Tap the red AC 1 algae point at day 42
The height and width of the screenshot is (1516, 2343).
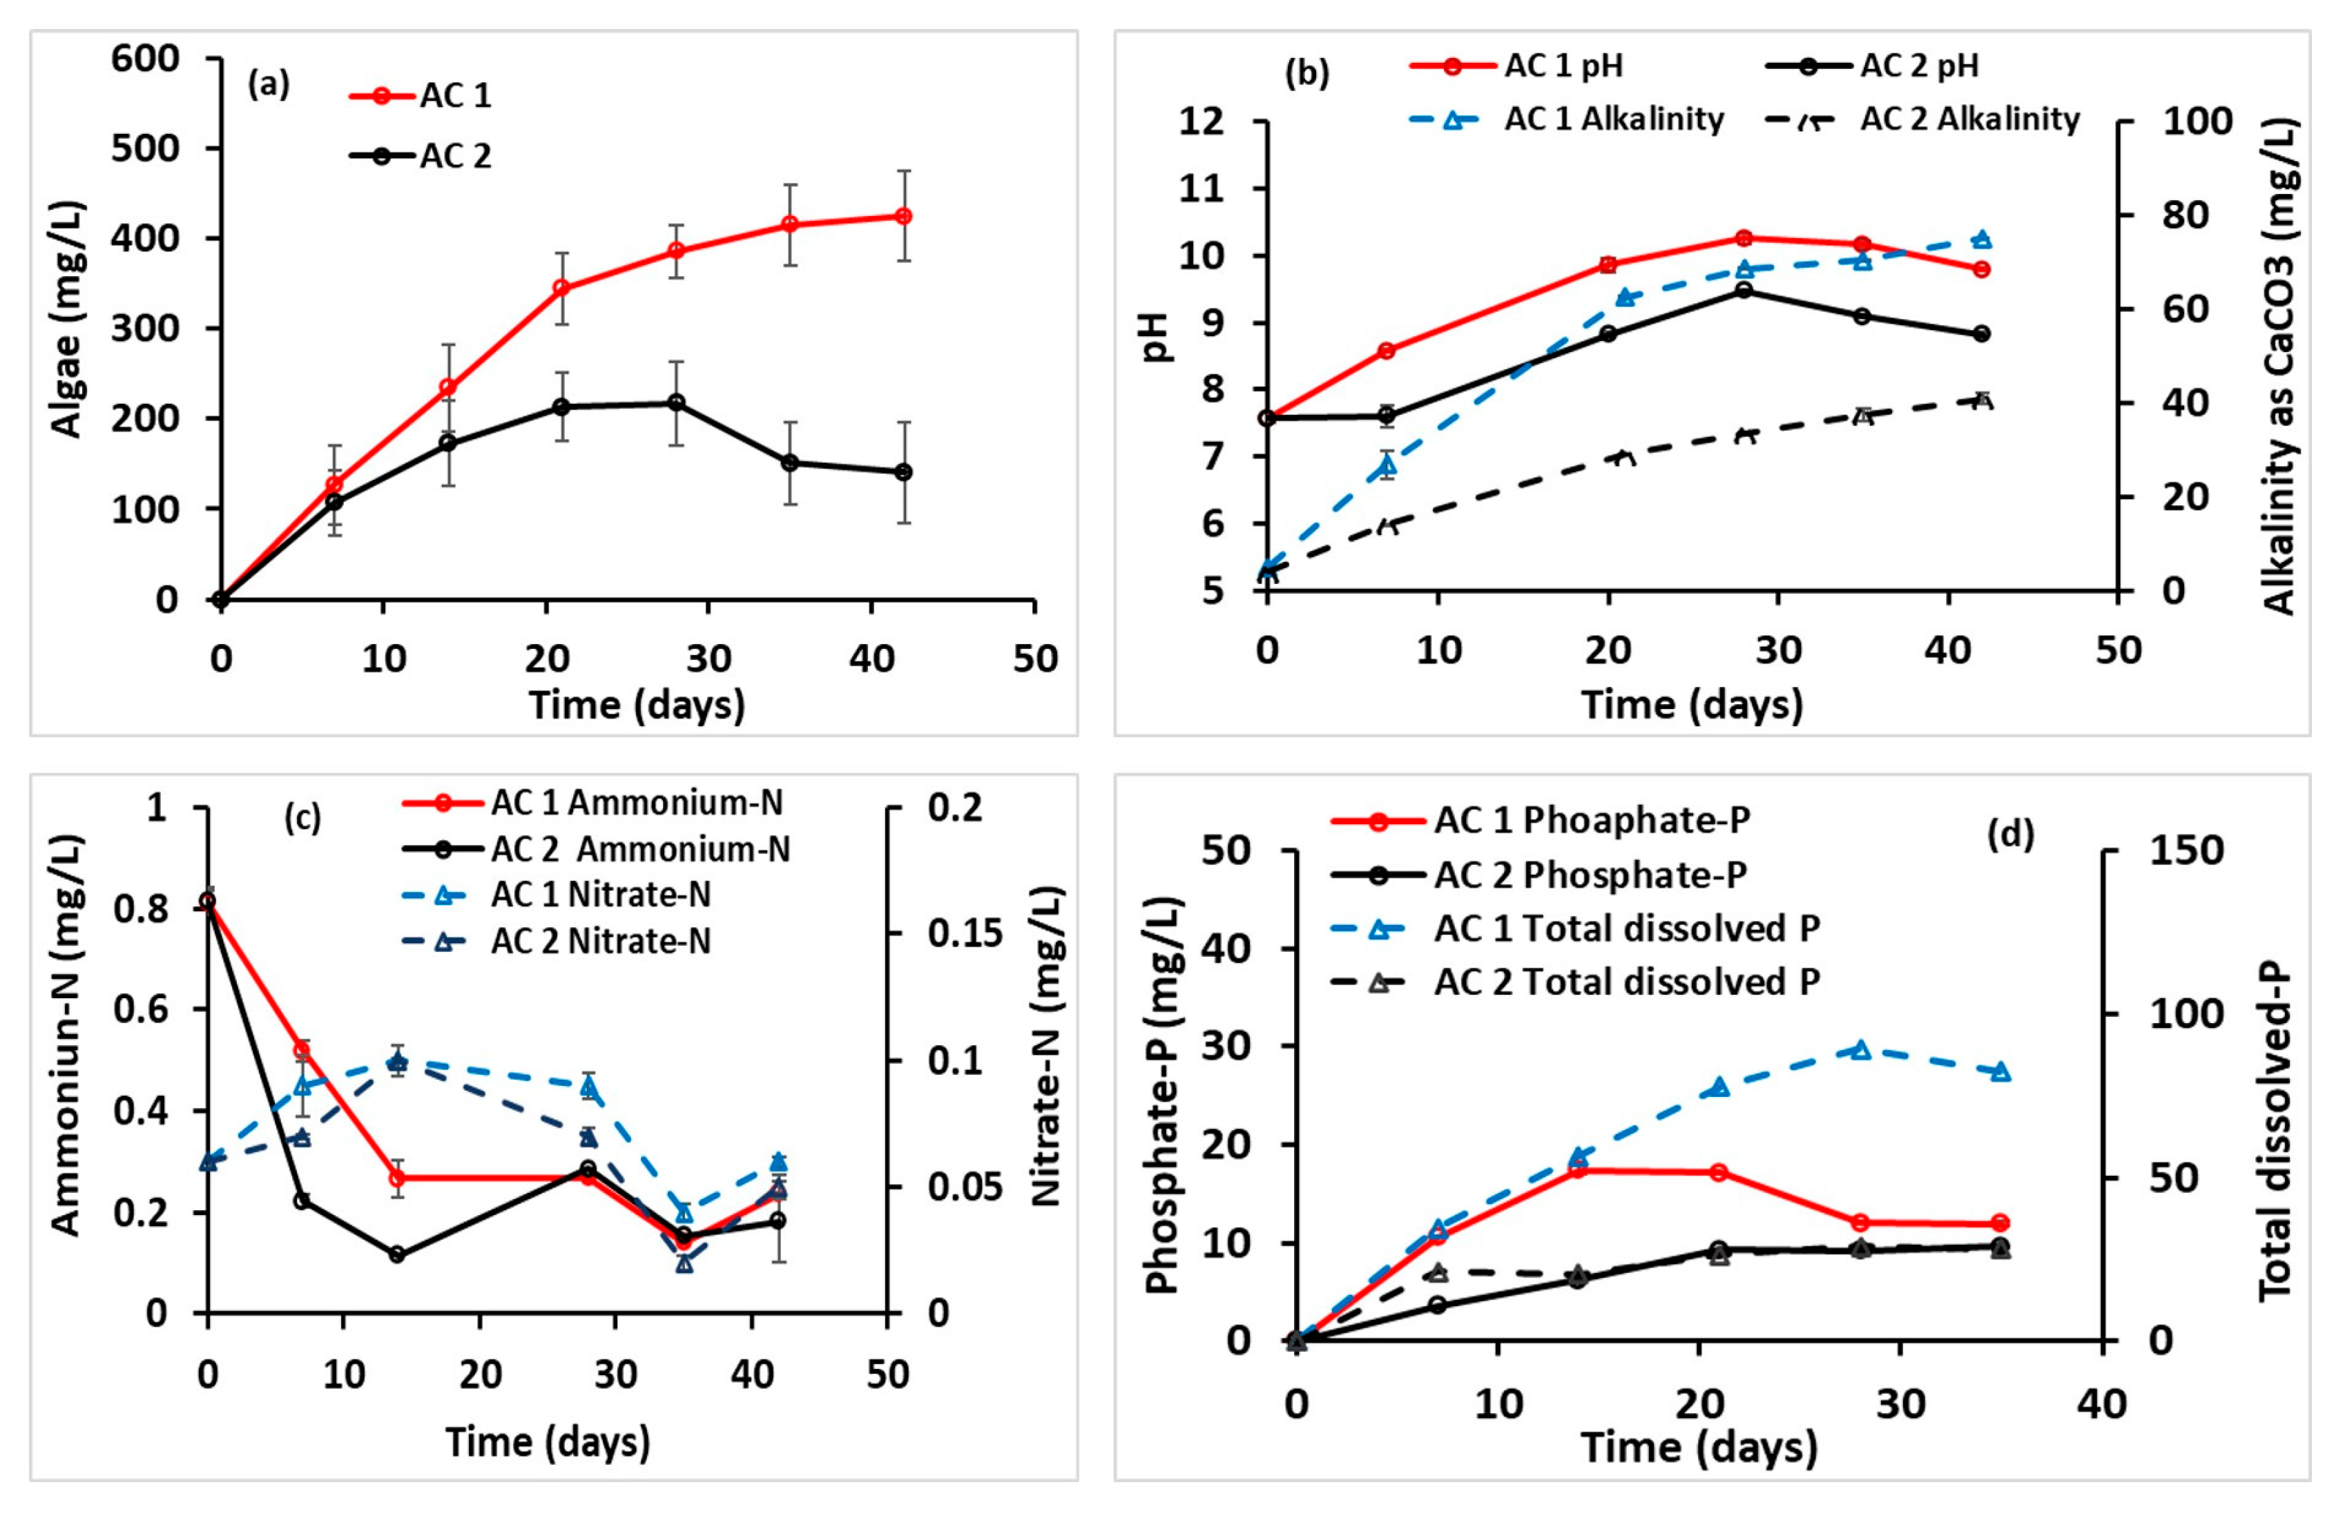click(x=903, y=215)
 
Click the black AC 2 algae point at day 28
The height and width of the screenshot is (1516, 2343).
click(x=676, y=402)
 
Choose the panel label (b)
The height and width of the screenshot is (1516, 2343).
click(x=1307, y=73)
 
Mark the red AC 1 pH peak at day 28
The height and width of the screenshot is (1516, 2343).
click(x=1744, y=238)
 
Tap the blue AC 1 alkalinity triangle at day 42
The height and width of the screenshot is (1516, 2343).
click(x=1982, y=240)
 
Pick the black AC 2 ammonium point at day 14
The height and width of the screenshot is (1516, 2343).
click(x=398, y=1255)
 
